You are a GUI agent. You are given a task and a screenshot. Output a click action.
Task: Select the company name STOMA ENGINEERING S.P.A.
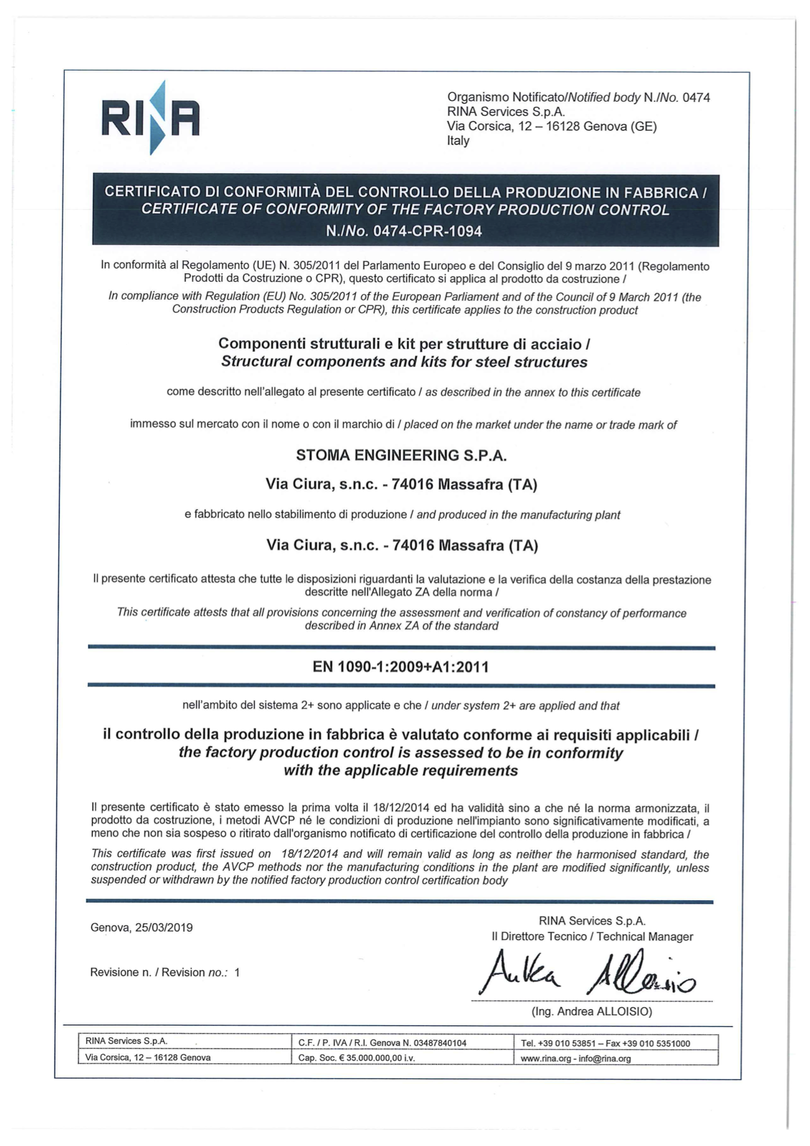point(401,456)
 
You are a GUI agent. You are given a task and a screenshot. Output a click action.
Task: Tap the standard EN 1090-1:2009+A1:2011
point(400,667)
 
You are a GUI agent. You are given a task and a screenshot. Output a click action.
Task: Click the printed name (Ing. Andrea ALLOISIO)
point(591,1011)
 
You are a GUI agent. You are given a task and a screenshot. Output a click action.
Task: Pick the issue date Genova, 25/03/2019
point(142,927)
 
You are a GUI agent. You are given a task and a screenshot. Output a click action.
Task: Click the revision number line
point(165,972)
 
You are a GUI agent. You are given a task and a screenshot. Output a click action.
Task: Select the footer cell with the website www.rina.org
point(575,1058)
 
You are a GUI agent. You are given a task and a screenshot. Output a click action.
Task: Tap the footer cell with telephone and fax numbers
point(605,1043)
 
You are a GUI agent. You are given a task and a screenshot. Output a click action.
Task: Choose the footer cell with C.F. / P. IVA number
point(382,1043)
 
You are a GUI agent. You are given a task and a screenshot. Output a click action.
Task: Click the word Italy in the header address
point(458,141)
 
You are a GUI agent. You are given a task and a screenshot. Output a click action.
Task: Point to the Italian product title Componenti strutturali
point(404,344)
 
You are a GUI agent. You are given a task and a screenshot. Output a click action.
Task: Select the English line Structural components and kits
point(404,362)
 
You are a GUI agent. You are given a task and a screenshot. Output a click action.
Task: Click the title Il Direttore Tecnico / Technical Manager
point(592,936)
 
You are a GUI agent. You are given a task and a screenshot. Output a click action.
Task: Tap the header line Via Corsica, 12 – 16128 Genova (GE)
point(551,126)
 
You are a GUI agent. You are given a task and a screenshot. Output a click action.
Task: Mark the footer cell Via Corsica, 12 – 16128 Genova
point(148,1057)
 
